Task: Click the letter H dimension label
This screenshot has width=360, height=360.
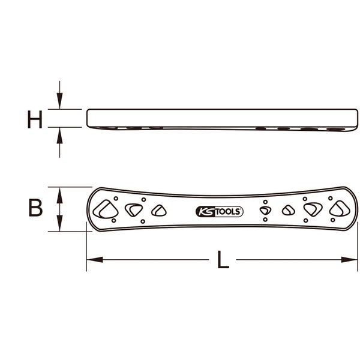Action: (35, 119)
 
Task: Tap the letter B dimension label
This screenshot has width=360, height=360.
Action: (35, 208)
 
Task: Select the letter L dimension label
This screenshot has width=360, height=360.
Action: (223, 260)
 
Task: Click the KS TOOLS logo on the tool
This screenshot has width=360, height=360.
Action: (219, 211)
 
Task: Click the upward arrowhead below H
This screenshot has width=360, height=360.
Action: (59, 136)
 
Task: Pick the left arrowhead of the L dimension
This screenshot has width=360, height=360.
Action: (95, 260)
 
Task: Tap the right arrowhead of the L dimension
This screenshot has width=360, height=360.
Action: (349, 260)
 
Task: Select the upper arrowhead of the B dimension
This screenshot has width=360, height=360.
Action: (59, 195)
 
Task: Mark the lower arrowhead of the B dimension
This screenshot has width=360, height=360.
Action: (59, 223)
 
